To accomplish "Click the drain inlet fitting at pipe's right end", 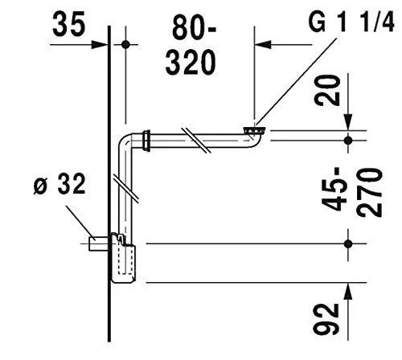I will point(254,129).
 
